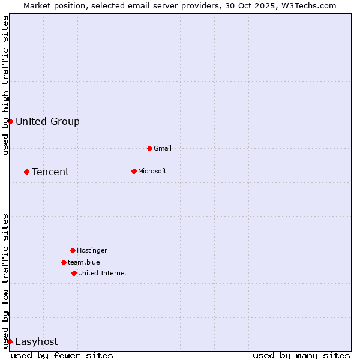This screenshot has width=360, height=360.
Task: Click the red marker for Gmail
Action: (x=149, y=148)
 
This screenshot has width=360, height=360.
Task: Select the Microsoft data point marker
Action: (x=134, y=171)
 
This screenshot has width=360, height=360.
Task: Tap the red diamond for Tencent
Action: (x=26, y=172)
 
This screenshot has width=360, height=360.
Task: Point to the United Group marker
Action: (x=10, y=121)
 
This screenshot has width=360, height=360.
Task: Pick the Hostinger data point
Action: (x=73, y=250)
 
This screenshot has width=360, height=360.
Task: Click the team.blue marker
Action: (x=64, y=262)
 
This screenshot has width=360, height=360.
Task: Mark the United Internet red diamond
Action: (x=74, y=273)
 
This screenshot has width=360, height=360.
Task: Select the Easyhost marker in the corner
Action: (x=10, y=341)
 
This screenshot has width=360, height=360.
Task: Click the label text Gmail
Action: (x=163, y=148)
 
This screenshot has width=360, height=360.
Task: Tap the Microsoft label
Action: (x=152, y=171)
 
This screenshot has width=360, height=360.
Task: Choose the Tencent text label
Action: (x=50, y=172)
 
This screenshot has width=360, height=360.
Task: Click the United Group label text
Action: (x=47, y=122)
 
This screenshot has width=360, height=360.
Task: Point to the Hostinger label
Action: (x=92, y=250)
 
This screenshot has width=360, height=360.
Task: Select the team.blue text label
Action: (x=84, y=262)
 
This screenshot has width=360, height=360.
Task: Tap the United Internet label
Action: (x=103, y=273)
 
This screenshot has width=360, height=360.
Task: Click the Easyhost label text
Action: (x=36, y=342)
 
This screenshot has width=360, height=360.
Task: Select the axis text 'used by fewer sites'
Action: (x=62, y=355)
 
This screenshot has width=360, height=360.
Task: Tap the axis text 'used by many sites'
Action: (x=301, y=355)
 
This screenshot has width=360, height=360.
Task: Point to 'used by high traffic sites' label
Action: (x=5, y=85)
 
